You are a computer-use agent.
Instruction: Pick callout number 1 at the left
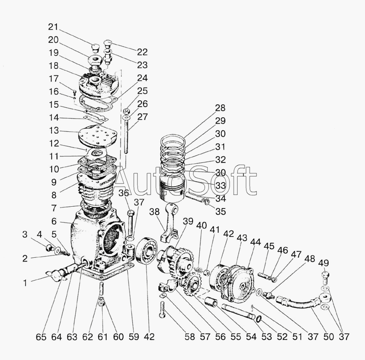(27, 282)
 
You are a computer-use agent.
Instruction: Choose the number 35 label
(221, 211)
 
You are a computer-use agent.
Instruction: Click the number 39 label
(188, 222)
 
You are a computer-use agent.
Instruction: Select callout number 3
(25, 235)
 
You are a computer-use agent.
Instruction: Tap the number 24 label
(142, 78)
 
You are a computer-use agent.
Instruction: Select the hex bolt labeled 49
(324, 277)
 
